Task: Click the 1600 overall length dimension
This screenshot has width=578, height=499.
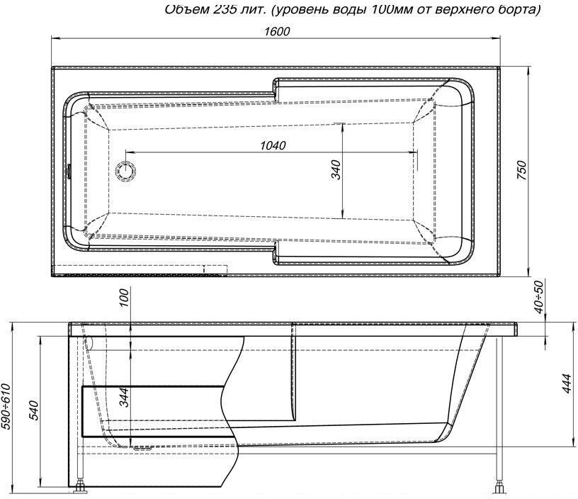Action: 277,32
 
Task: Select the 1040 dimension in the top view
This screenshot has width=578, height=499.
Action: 273,145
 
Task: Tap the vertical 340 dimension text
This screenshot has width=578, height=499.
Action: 336,170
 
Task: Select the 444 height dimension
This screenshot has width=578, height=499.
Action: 565,386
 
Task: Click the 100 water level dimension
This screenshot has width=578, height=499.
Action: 123,298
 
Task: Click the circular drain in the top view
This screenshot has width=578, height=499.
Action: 127,170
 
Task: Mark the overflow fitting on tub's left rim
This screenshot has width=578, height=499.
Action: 69,170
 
